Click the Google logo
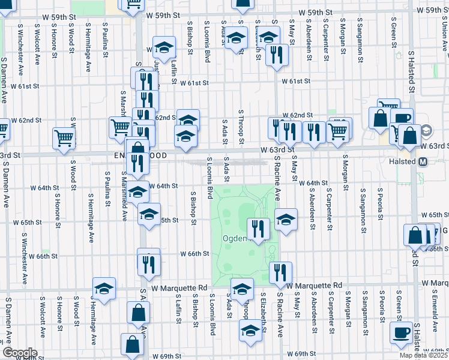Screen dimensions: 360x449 click(x=20, y=353)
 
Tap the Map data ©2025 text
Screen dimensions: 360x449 click(x=424, y=355)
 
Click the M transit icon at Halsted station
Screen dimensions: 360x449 click(x=423, y=161)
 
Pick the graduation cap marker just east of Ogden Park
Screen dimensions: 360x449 click(x=286, y=219)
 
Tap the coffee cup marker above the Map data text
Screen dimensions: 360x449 click(x=400, y=332)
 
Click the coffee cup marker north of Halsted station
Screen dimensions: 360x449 click(x=402, y=119)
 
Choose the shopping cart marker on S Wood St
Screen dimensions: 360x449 click(x=64, y=138)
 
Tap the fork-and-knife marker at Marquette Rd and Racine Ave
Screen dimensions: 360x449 click(x=280, y=272)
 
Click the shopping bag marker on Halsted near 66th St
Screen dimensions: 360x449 click(x=415, y=235)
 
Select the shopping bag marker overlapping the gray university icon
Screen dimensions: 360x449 click(x=411, y=136)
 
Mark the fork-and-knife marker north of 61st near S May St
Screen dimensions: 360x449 click(x=277, y=55)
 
